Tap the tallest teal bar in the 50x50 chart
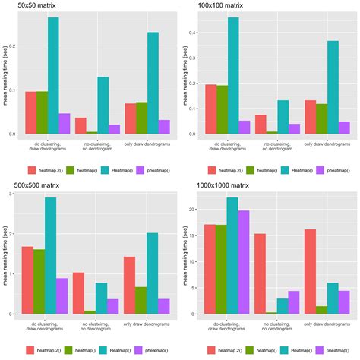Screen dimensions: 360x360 coord(53,76)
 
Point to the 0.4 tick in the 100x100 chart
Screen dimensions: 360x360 coord(185,34)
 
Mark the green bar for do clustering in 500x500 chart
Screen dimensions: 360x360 coord(39,281)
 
